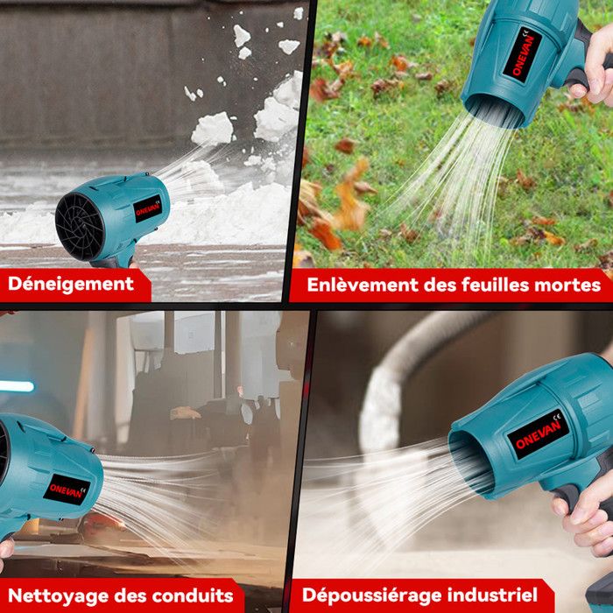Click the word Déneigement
click(x=71, y=285)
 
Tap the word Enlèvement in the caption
click(x=363, y=285)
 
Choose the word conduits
click(x=193, y=595)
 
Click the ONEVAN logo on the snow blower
click(x=148, y=208)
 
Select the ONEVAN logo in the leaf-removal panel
click(x=522, y=54)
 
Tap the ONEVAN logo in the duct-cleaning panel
click(x=67, y=490)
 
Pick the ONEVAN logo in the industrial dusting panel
click(x=538, y=434)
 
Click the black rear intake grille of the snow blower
click(x=80, y=227)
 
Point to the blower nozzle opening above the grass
click(x=493, y=111)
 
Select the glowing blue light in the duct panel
click(x=17, y=386)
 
